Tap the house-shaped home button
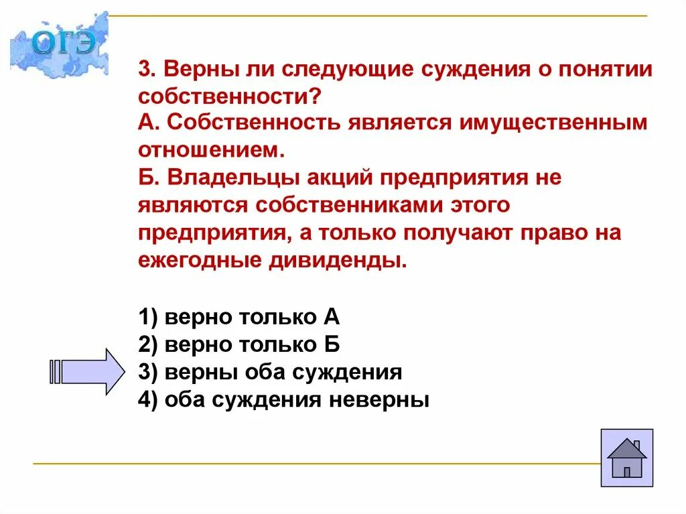[x=626, y=458]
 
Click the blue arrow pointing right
[x=88, y=371]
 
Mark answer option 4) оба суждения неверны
[x=283, y=400]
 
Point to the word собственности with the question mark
[x=229, y=97]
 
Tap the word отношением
[x=212, y=150]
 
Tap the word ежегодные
[x=200, y=260]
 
